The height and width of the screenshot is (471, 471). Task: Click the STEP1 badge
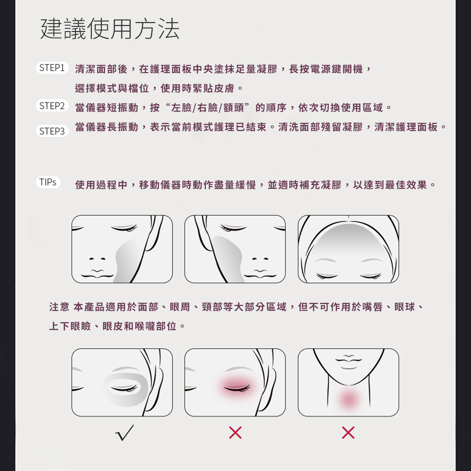pyautogui.click(x=52, y=67)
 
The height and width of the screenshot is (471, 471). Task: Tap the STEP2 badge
pyautogui.click(x=52, y=106)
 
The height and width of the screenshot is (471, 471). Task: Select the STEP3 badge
pyautogui.click(x=52, y=131)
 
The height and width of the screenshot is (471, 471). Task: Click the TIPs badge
pyautogui.click(x=48, y=182)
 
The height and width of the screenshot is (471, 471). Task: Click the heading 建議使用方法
pyautogui.click(x=110, y=29)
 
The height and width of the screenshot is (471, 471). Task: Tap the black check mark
pyautogui.click(x=124, y=432)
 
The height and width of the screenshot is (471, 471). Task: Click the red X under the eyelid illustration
pyautogui.click(x=235, y=432)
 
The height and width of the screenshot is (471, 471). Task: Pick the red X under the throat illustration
pyautogui.click(x=348, y=432)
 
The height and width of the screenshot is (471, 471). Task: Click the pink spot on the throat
pyautogui.click(x=349, y=399)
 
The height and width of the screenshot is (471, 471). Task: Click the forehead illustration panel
pyautogui.click(x=349, y=249)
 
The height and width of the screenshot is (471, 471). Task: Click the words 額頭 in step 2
pyautogui.click(x=234, y=107)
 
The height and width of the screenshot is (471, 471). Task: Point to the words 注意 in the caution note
pyautogui.click(x=59, y=307)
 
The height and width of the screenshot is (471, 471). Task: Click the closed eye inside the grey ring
pyautogui.click(x=124, y=389)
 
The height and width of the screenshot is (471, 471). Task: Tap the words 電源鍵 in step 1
pyautogui.click(x=326, y=69)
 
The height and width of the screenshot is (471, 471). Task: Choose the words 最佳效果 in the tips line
pyautogui.click(x=406, y=185)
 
